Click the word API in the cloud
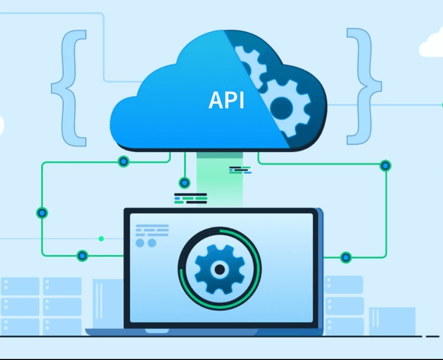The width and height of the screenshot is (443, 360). click(x=226, y=100)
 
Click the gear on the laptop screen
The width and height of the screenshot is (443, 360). click(x=219, y=267)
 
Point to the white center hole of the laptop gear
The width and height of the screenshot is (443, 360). click(x=219, y=269)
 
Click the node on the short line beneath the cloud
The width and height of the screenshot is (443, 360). click(x=185, y=183)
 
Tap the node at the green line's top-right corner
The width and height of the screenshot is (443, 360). click(x=385, y=166)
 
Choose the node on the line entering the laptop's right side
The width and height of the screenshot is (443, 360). click(x=346, y=257)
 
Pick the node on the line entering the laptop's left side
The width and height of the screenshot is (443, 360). click(x=82, y=256)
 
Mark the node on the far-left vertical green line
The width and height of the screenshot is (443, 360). click(x=42, y=213)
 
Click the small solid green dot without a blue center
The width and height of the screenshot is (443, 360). click(x=101, y=238)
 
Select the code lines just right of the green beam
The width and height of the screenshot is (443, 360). click(x=239, y=170)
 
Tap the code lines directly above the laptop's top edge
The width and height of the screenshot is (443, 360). click(x=190, y=199)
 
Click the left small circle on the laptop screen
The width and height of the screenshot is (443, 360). click(x=141, y=243)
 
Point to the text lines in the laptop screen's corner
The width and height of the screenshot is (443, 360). click(x=152, y=231)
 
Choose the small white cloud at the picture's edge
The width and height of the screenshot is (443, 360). click(x=432, y=44)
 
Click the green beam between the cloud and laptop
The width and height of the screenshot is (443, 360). click(x=220, y=179)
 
